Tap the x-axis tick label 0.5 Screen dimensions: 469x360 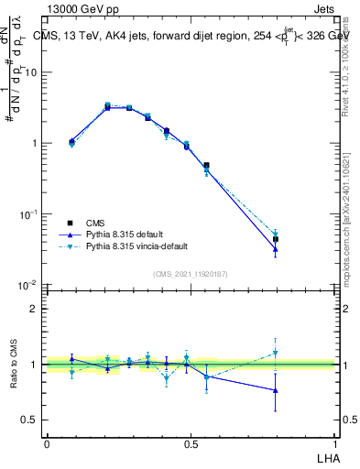point(191,443)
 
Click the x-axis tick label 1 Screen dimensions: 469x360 point(334,443)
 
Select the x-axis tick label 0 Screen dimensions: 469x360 point(47,443)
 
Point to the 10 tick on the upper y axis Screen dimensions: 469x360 point(31,72)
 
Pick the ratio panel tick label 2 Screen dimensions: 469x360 point(36,309)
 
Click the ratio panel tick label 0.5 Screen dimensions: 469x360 point(31,420)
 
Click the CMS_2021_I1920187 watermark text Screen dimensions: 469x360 point(191,273)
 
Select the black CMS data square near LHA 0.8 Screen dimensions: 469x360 point(276,239)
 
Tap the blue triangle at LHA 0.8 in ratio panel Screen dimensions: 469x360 point(276,390)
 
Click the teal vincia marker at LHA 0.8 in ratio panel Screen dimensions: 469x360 point(276,353)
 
